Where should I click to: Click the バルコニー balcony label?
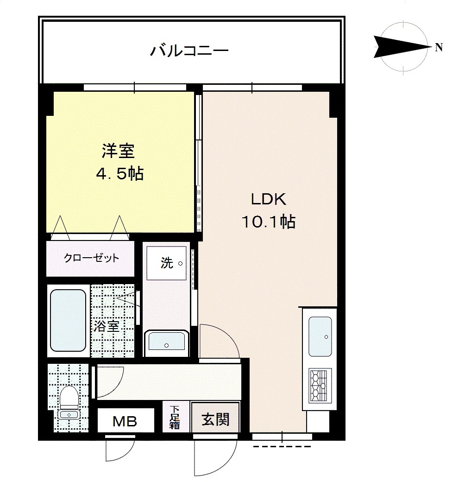click(x=189, y=51)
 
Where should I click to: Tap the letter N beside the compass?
click(x=439, y=47)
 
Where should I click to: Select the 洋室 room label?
click(x=118, y=151)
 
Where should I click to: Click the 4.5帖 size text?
click(x=120, y=174)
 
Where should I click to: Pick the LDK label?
click(x=269, y=199)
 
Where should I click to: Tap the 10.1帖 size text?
click(x=269, y=222)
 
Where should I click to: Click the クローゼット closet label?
click(x=91, y=258)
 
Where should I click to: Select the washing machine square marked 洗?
click(x=166, y=263)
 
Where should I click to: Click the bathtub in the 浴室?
click(x=68, y=320)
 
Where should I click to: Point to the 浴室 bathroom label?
click(x=106, y=326)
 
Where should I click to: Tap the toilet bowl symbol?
click(x=69, y=398)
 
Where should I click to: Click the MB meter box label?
click(x=125, y=421)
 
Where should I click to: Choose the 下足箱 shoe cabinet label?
click(x=175, y=417)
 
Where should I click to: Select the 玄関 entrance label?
click(x=215, y=419)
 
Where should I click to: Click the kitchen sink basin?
click(x=320, y=336)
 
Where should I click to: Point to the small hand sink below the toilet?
click(x=69, y=415)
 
